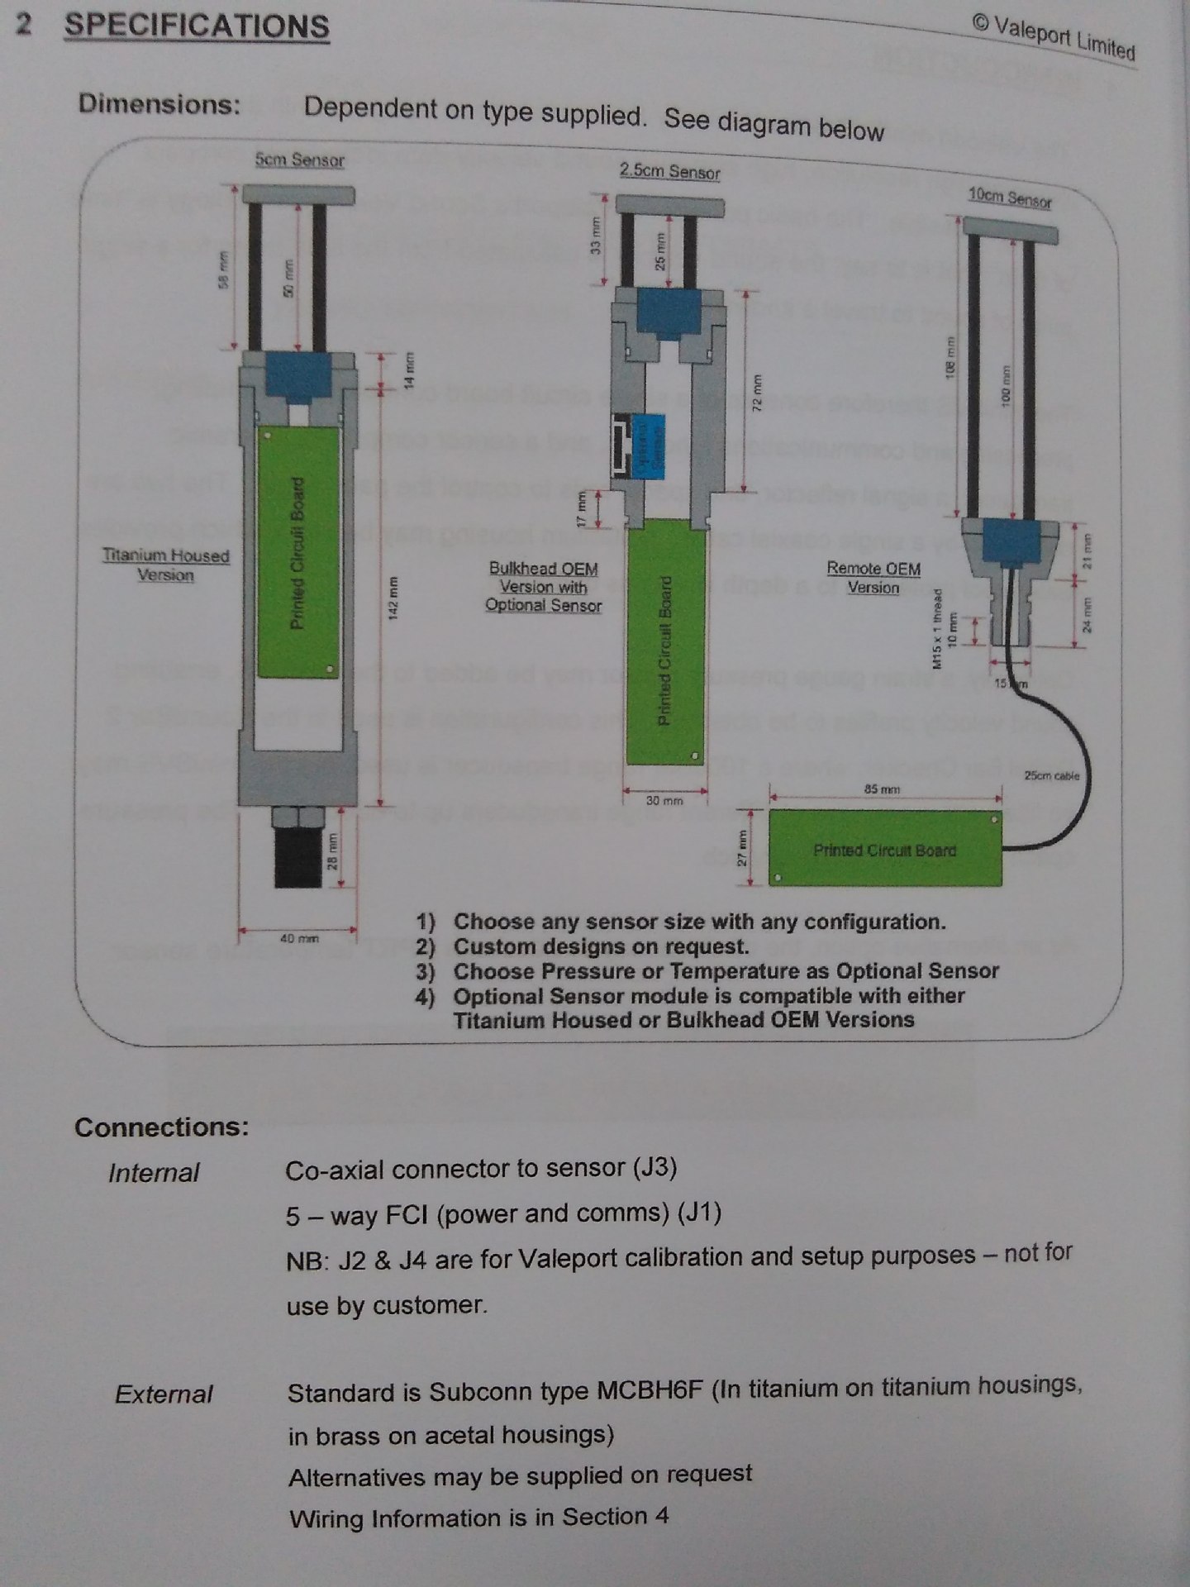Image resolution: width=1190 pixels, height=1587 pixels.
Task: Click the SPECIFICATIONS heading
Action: pyautogui.click(x=197, y=26)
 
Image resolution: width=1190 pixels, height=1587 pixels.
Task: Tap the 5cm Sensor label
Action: pyautogui.click(x=299, y=160)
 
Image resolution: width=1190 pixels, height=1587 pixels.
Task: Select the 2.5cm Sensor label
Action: pyautogui.click(x=669, y=171)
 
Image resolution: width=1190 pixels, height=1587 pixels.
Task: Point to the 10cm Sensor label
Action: pyautogui.click(x=1009, y=198)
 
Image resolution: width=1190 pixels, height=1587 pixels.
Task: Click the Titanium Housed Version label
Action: pyautogui.click(x=165, y=565)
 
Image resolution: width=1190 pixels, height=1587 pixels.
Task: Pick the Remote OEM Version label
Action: pyautogui.click(x=873, y=578)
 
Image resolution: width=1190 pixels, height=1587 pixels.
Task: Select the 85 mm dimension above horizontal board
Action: pyautogui.click(x=881, y=789)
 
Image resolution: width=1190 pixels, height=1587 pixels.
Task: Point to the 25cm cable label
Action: pyautogui.click(x=1051, y=775)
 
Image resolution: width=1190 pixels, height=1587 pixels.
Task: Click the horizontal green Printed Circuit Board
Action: pyautogui.click(x=884, y=849)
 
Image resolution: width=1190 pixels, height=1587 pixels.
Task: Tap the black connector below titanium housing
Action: pyautogui.click(x=297, y=860)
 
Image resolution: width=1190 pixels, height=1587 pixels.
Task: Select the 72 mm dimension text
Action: pyautogui.click(x=754, y=394)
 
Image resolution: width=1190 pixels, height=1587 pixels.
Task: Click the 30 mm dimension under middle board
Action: pyautogui.click(x=664, y=801)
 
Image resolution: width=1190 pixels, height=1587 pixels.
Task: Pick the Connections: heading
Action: pyautogui.click(x=161, y=1127)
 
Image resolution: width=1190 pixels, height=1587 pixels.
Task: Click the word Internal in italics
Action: pyautogui.click(x=154, y=1173)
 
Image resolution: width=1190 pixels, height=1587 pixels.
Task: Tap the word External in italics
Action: pyautogui.click(x=164, y=1394)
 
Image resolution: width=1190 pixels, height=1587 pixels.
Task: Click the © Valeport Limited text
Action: pyautogui.click(x=1053, y=38)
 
